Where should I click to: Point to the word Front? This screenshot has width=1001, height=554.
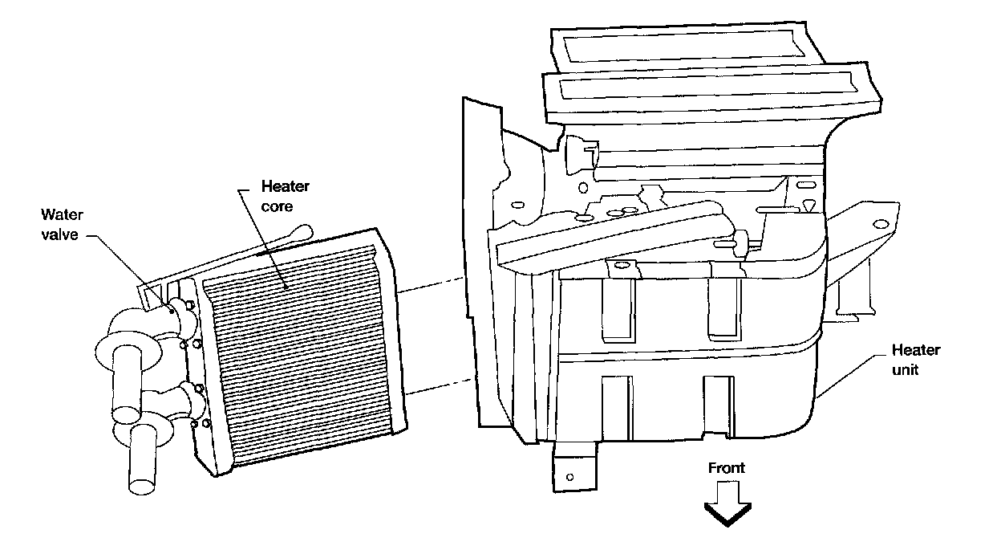click(726, 468)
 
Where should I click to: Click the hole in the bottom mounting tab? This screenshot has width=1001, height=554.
click(569, 477)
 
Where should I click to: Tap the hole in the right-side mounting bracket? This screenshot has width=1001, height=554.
click(881, 223)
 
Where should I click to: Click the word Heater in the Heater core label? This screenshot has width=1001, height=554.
click(285, 187)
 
